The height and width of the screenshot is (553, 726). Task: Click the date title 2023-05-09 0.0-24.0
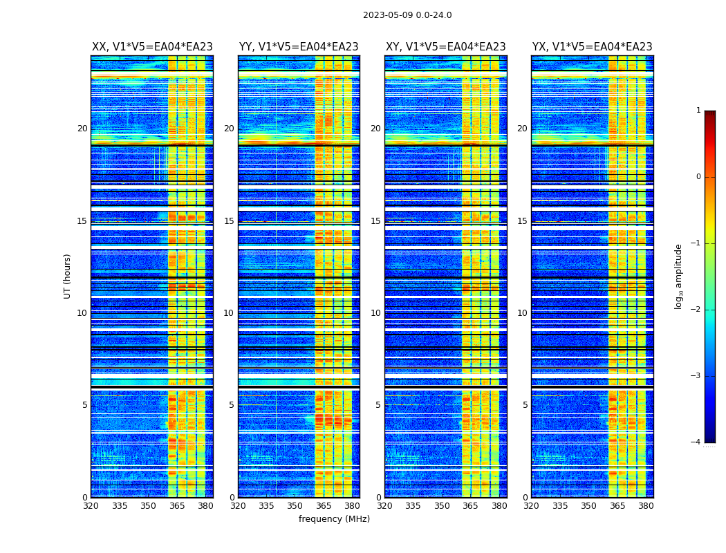(x=407, y=15)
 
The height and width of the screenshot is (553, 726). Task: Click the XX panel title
(x=152, y=47)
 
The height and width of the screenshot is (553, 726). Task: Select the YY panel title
(x=299, y=47)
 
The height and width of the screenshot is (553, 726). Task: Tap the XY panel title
(x=445, y=47)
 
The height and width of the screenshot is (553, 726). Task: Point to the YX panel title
(x=592, y=47)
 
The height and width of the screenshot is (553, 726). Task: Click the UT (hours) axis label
(x=68, y=276)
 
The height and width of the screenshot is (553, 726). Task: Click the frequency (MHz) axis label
(x=334, y=519)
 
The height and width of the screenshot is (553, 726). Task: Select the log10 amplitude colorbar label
(x=679, y=276)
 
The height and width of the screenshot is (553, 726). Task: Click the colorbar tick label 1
(x=698, y=111)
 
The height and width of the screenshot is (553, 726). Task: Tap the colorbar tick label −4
(x=696, y=442)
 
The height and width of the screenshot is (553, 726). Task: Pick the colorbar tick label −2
(x=696, y=310)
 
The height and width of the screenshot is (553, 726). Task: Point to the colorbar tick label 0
(x=698, y=177)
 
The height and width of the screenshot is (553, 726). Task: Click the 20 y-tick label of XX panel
(x=82, y=129)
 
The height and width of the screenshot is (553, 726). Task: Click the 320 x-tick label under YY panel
(x=238, y=506)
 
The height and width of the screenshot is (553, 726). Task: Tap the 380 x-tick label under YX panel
(x=646, y=506)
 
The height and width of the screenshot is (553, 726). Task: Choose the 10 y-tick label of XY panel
(x=375, y=313)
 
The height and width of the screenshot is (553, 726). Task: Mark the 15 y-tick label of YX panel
(x=522, y=221)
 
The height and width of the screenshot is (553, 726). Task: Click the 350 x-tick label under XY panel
(x=442, y=506)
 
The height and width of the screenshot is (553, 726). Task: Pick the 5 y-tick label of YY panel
(x=232, y=405)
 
